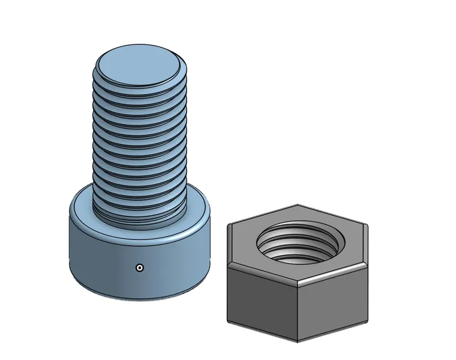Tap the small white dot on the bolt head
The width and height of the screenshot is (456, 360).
pos(139,267)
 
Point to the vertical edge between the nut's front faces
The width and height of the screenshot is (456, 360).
pos(298,311)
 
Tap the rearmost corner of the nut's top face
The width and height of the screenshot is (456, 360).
pos(297,204)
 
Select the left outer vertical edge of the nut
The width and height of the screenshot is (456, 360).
pos(227,294)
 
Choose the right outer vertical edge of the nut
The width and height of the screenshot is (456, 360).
pos(367,291)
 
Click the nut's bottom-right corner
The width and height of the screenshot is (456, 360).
pos(367,319)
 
